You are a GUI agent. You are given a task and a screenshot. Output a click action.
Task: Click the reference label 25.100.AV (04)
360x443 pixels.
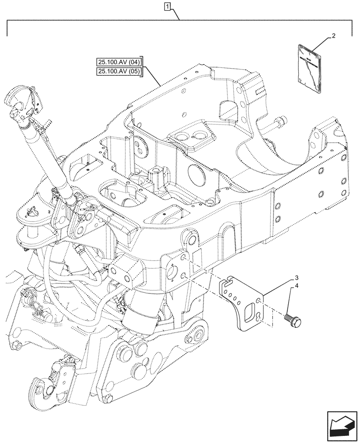click(x=118, y=62)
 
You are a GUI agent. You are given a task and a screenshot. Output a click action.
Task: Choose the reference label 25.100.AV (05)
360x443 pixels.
click(x=118, y=72)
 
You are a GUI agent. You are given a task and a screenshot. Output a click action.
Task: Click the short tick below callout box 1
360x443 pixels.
click(x=179, y=16)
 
